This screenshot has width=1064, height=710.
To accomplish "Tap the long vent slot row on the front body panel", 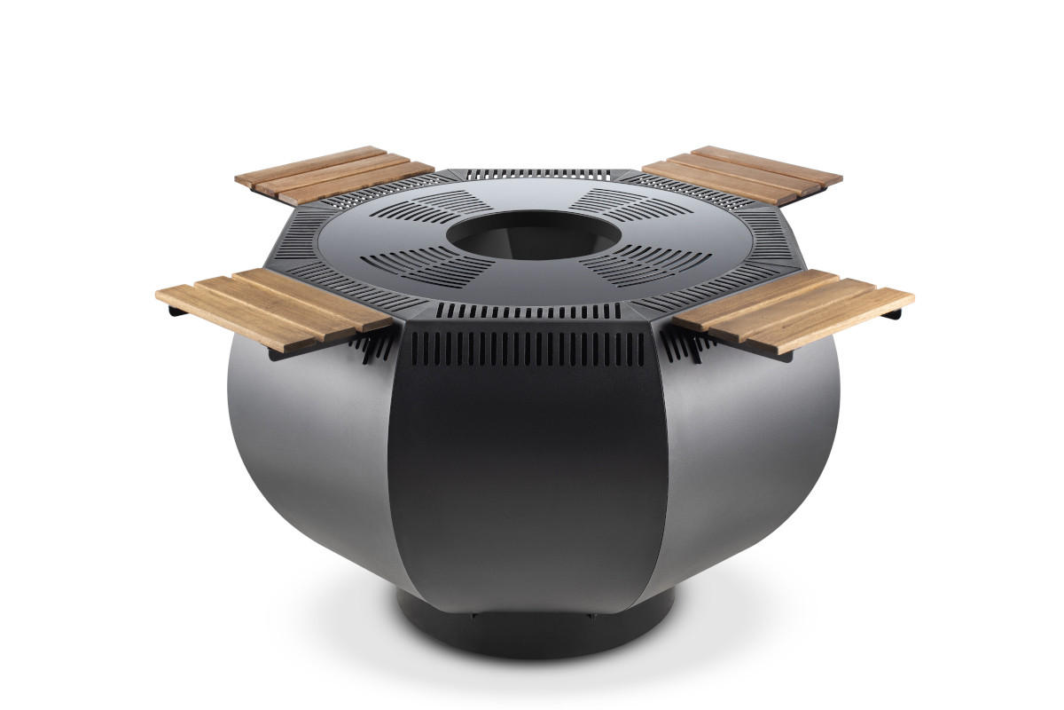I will [x=529, y=349].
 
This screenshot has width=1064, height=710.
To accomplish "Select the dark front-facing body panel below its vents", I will [x=529, y=479].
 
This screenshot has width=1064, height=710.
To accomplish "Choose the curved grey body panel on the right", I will [x=754, y=444].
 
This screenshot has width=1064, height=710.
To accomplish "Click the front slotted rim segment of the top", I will [x=529, y=311].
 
